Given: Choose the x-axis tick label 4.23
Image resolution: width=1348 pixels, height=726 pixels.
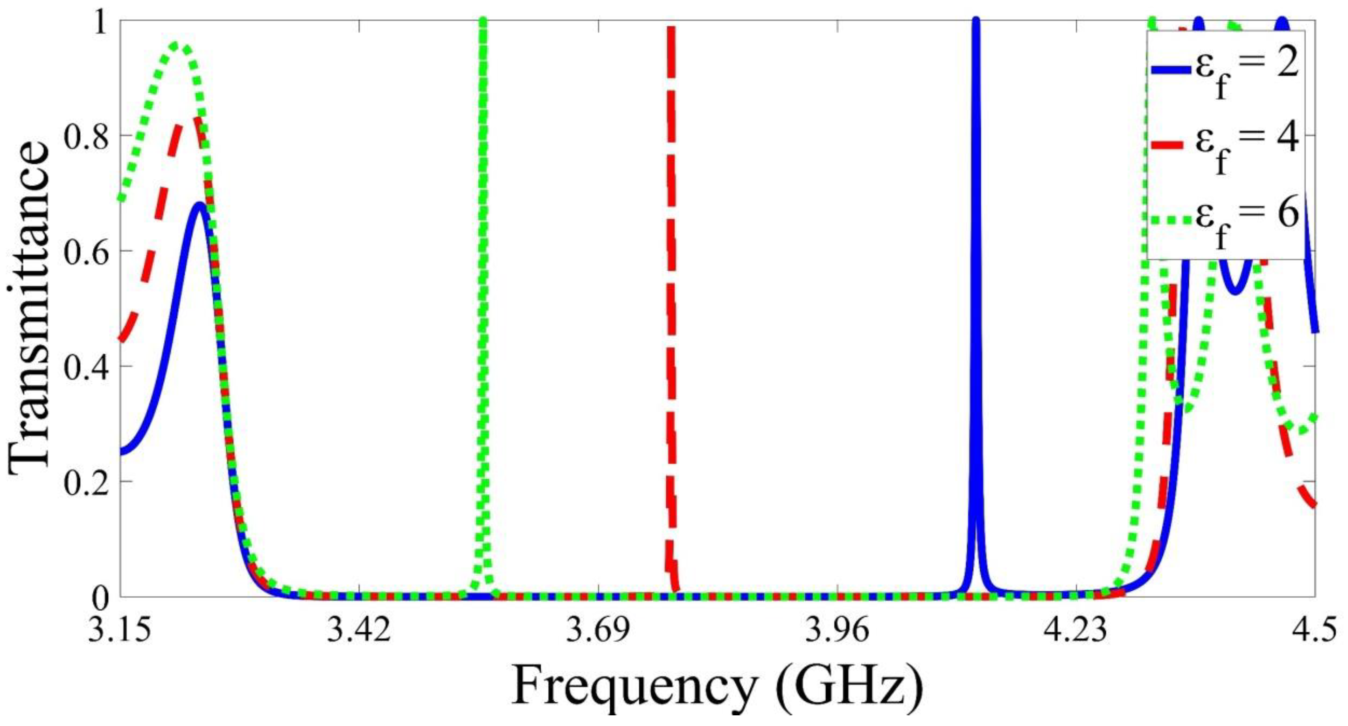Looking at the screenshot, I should [1077, 630].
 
